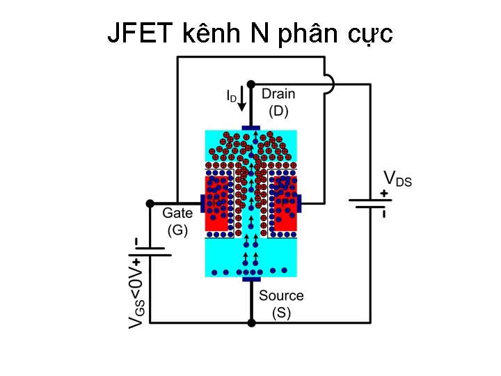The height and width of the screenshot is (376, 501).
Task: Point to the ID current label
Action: (231, 95)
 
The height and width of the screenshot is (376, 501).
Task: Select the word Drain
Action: (278, 94)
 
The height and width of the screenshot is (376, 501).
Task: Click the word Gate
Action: (177, 214)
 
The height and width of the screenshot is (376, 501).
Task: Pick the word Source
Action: (281, 296)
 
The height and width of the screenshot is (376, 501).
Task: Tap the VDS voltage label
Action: (397, 179)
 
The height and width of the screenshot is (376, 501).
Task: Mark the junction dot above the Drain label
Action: (250, 84)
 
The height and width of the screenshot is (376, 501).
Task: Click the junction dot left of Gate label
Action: (150, 203)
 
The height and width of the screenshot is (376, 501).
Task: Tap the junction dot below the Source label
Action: (250, 322)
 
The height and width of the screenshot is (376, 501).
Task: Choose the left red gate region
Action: (218, 203)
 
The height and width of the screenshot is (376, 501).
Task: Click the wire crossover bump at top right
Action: (328, 84)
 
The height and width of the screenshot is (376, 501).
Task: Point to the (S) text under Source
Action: (281, 313)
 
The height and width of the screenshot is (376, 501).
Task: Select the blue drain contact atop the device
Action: (250, 128)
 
